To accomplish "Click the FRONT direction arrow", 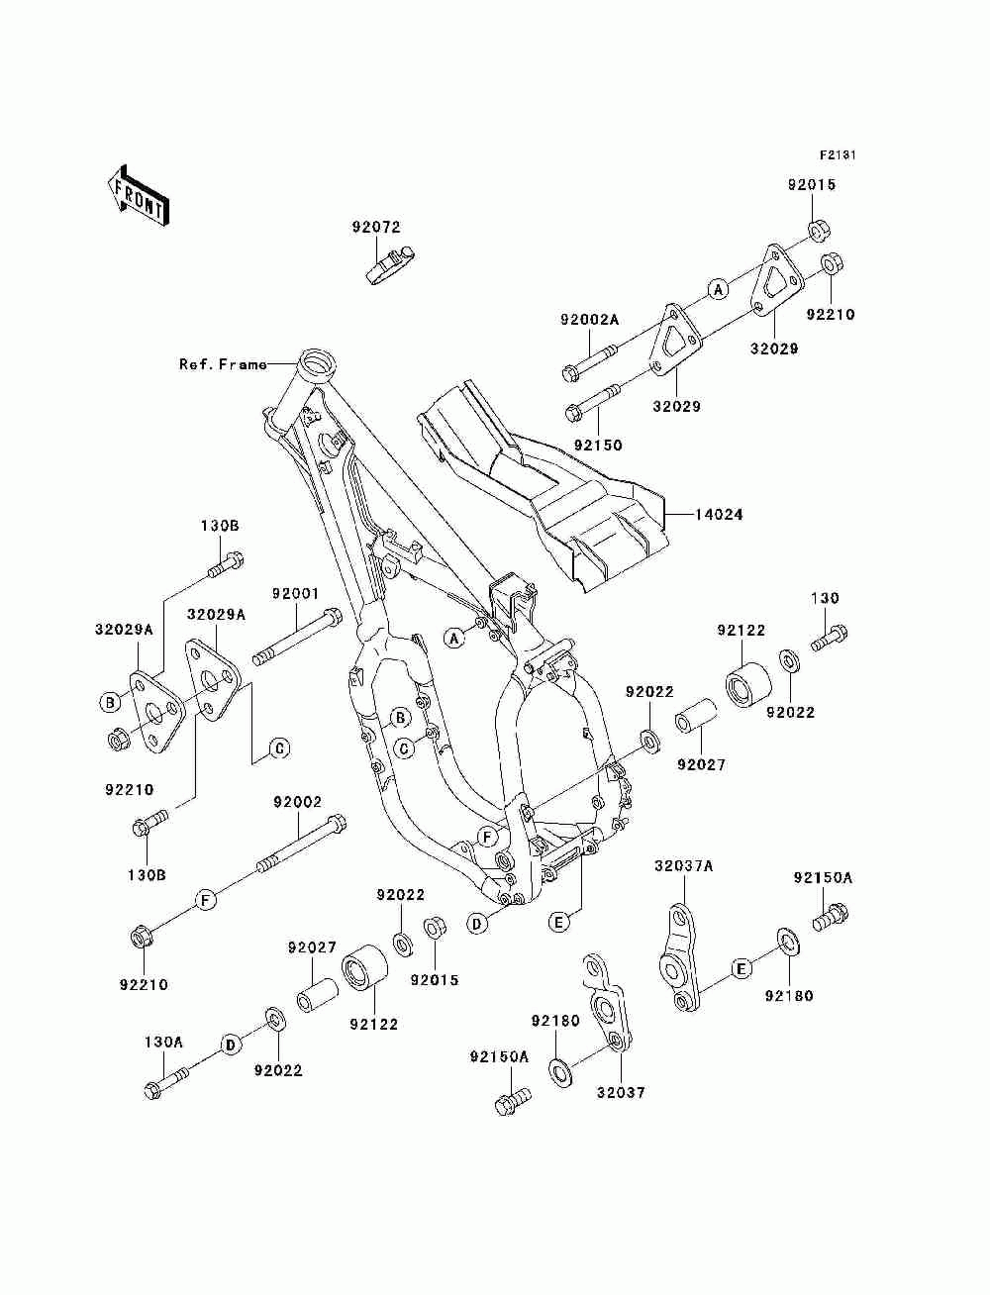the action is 139,195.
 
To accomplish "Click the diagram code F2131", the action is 838,155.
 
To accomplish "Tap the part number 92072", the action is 376,227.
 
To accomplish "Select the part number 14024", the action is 718,515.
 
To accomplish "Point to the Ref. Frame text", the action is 223,364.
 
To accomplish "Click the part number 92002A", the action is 589,320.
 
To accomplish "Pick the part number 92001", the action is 295,593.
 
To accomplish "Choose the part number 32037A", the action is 683,866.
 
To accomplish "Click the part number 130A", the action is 163,1043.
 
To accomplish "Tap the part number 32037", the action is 621,1093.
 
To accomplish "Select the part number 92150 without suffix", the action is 598,446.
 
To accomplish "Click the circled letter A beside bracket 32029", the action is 718,290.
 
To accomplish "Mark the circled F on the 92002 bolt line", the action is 206,900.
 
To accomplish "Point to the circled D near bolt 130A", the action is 231,1046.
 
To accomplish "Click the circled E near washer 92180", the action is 742,968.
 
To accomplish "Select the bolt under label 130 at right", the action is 830,638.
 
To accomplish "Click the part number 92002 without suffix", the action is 297,802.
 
